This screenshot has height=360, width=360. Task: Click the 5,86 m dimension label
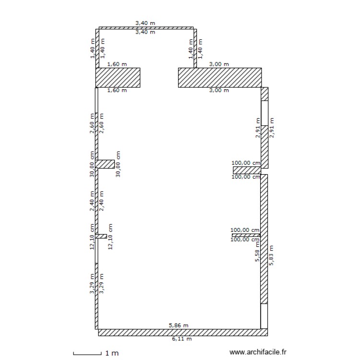(x=179, y=325)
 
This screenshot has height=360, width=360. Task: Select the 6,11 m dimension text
(x=182, y=338)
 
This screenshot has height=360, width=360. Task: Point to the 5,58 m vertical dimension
(x=257, y=252)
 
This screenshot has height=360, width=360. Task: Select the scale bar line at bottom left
(x=87, y=354)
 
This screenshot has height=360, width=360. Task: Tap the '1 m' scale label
(x=111, y=353)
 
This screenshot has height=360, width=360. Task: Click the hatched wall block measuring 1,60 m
(x=118, y=77)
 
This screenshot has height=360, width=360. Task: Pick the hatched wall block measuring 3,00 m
(x=219, y=77)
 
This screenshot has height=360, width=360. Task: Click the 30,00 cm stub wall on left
(x=105, y=164)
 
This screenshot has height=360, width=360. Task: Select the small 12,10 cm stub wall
(x=101, y=236)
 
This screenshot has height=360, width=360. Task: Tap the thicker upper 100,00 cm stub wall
(x=246, y=170)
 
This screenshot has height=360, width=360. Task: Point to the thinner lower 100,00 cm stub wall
(x=246, y=235)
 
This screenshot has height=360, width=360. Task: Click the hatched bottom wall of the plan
(x=182, y=332)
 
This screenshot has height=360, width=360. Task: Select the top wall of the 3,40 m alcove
(x=146, y=28)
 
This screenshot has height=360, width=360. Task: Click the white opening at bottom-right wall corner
(x=264, y=316)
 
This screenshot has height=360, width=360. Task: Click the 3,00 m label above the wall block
(x=219, y=64)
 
